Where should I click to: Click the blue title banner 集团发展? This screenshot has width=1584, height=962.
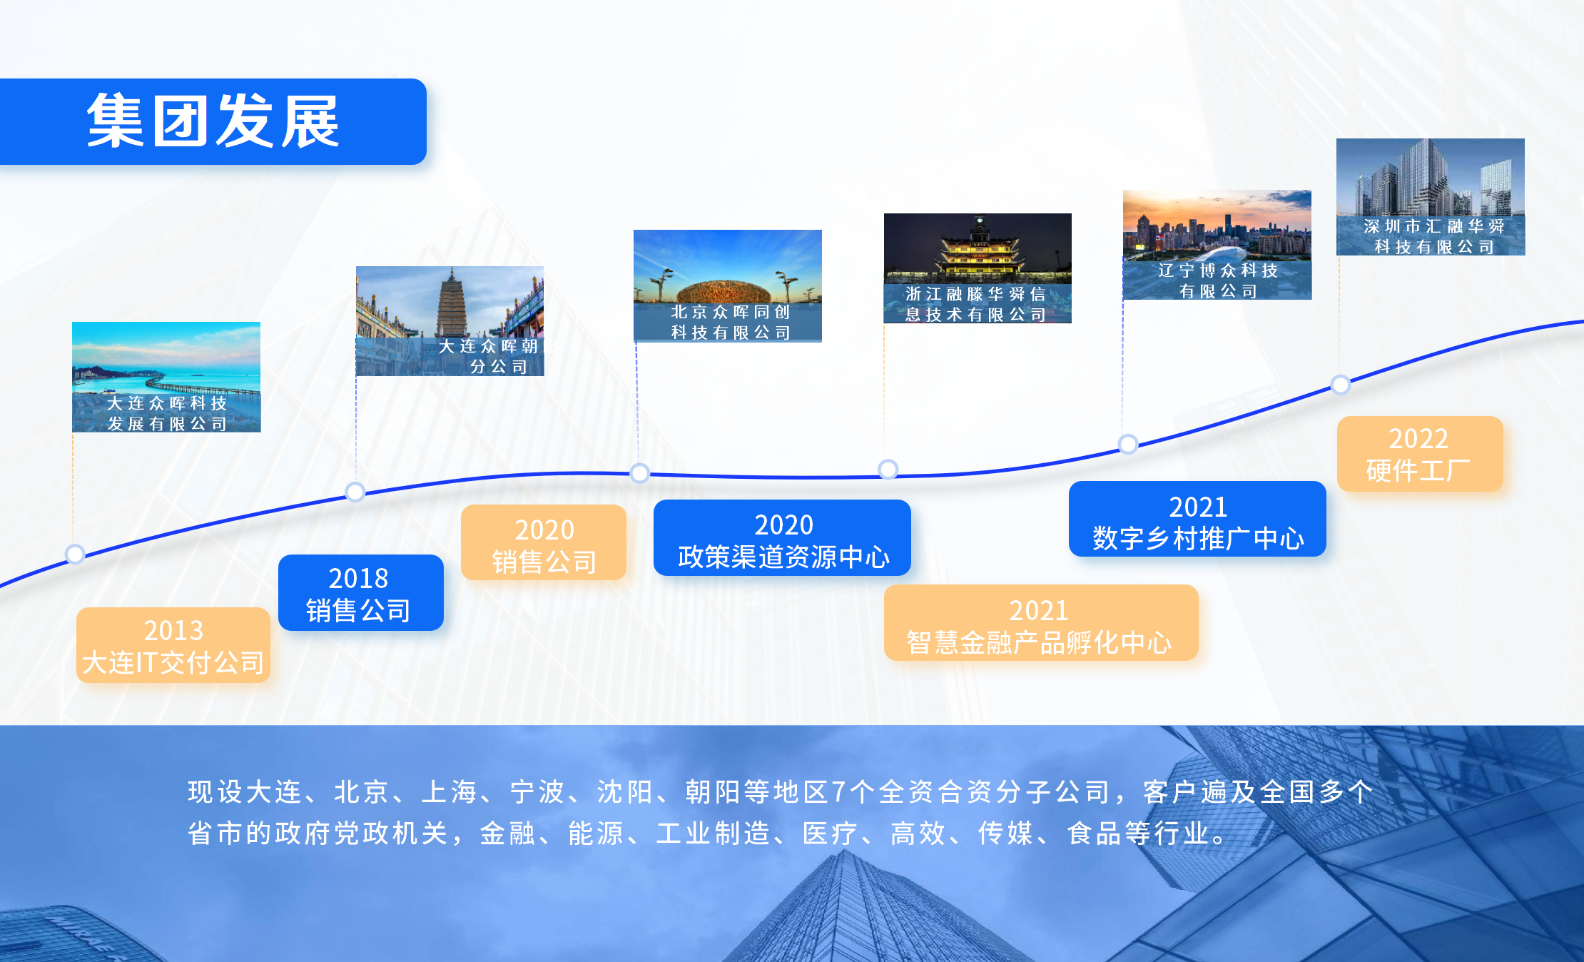213,121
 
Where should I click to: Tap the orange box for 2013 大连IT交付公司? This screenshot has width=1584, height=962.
173,645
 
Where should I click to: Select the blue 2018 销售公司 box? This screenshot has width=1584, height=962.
360,592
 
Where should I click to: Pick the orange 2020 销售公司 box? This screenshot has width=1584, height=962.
544,542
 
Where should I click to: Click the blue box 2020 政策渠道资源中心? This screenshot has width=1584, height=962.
782,537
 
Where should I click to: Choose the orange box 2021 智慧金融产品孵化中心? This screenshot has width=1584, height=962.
1041,622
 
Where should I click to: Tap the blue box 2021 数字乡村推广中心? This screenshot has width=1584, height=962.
1197,519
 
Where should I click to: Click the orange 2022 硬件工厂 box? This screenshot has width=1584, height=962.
1420,454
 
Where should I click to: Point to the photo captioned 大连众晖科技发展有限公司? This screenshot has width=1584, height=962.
166,377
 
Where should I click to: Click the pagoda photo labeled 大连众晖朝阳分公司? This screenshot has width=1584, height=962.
450,321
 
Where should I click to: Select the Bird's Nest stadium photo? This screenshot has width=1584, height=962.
728,285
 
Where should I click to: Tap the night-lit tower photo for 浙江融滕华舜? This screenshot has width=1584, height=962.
978,268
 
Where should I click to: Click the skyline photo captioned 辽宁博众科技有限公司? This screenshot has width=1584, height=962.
1217,245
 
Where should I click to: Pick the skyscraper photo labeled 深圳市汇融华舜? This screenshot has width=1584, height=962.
1431,197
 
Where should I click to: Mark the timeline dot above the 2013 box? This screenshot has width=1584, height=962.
75,554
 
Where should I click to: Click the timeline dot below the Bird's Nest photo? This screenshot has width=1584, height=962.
640,472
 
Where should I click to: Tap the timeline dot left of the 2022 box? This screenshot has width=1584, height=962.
1341,385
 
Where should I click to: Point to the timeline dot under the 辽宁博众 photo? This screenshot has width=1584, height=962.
1128,444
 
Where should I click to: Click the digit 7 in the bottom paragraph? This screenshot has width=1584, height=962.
839,792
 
